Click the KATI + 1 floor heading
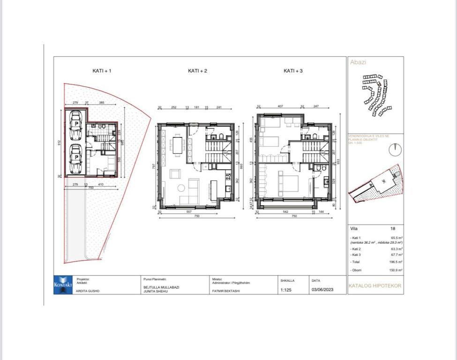(102, 71)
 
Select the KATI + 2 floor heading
(197, 71)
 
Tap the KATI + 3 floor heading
(293, 71)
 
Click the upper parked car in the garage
(75, 126)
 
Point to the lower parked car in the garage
(75, 158)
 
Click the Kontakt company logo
(62, 285)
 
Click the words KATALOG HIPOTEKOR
(375, 285)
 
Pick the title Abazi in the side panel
(358, 62)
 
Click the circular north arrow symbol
(395, 150)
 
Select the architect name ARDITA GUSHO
(88, 291)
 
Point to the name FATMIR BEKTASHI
(226, 291)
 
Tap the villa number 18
(392, 229)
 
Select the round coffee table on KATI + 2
(181, 188)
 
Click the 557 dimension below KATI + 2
(190, 211)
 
